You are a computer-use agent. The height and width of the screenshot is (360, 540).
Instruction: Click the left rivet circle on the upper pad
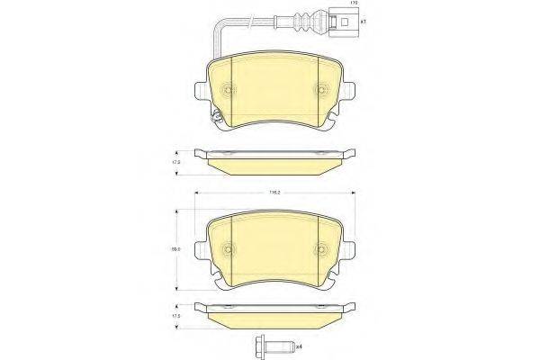point(229,90)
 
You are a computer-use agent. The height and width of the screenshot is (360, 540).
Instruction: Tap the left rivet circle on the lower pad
point(229,250)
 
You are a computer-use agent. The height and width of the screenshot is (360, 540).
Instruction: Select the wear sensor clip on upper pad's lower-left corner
point(215,116)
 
